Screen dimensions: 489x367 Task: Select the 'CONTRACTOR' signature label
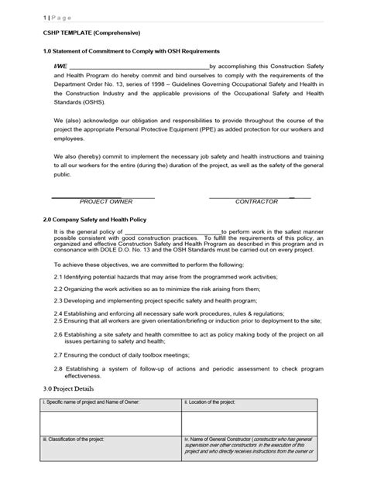[256, 201]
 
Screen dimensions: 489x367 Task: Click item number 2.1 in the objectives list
[59, 277]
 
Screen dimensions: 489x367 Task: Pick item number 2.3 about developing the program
[59, 300]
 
